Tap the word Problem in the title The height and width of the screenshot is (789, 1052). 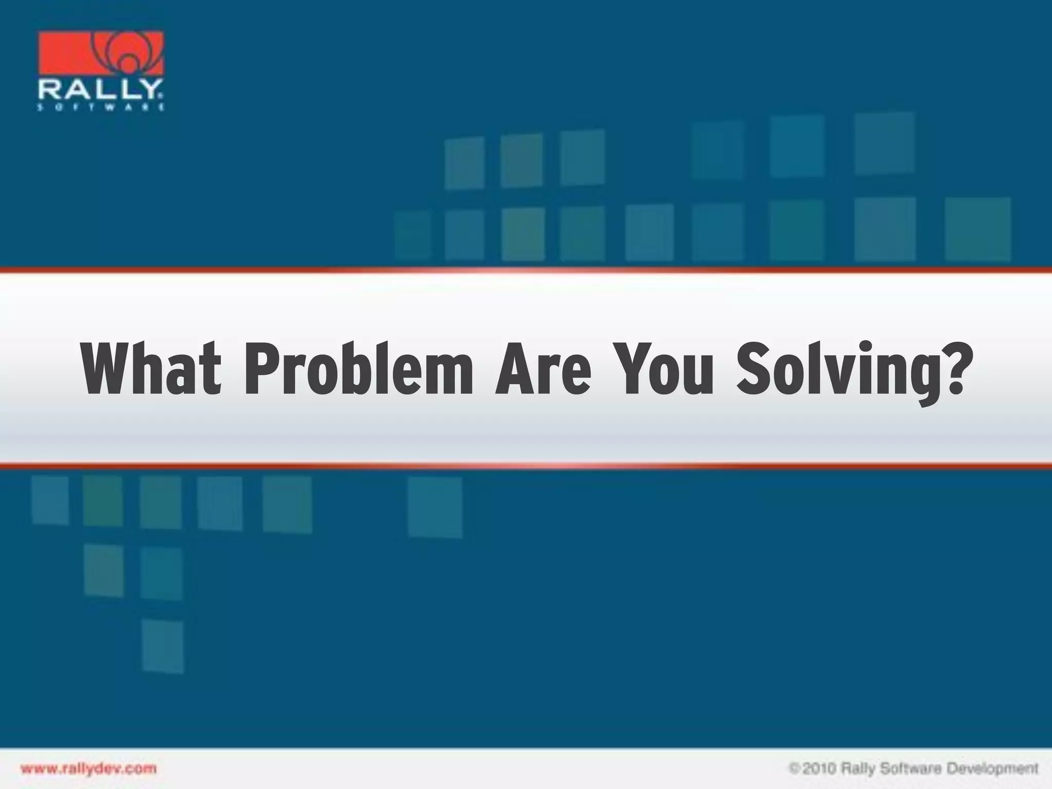tap(358, 369)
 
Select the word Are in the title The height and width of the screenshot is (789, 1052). tap(542, 369)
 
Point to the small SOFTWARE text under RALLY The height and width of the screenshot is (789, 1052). tap(101, 108)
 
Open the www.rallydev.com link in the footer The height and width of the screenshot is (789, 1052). tap(88, 768)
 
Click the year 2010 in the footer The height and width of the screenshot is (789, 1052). tap(819, 769)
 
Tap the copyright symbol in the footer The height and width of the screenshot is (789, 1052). tap(794, 769)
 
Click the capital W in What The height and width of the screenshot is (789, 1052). tap(105, 369)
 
